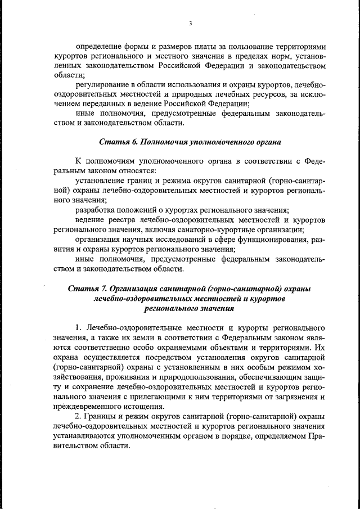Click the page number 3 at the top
tap(190, 23)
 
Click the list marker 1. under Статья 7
tap(79, 327)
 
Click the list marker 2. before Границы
tap(79, 416)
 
